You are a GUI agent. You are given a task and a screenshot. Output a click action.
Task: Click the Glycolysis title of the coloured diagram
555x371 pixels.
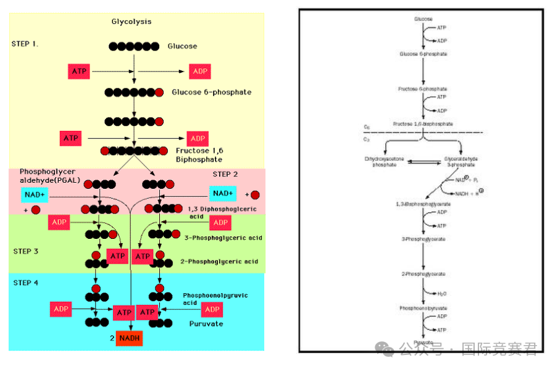[x=131, y=22]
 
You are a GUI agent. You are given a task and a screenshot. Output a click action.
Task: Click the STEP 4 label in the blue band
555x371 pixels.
[x=26, y=283]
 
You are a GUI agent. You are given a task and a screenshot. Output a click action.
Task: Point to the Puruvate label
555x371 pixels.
[x=207, y=323]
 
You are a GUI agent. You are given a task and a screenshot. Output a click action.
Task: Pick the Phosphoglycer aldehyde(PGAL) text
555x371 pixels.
[x=50, y=175]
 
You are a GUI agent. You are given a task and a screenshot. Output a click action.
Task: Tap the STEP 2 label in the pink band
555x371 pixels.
[x=225, y=174]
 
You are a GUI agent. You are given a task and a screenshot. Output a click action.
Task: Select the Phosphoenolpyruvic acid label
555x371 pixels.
[x=215, y=299]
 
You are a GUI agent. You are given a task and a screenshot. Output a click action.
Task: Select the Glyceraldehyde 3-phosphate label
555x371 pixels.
[x=461, y=162]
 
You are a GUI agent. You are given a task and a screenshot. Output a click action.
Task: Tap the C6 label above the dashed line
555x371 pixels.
[x=367, y=127]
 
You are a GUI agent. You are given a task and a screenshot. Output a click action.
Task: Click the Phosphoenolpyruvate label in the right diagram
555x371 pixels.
[x=423, y=308]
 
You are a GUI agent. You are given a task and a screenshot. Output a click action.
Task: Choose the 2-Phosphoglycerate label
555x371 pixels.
[x=423, y=273]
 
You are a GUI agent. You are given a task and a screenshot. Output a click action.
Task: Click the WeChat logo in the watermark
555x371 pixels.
[x=387, y=349]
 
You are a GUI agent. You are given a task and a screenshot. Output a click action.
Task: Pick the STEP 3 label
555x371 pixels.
[x=26, y=251]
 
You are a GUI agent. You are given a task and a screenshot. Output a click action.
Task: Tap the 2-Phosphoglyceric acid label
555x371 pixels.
[x=219, y=262]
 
